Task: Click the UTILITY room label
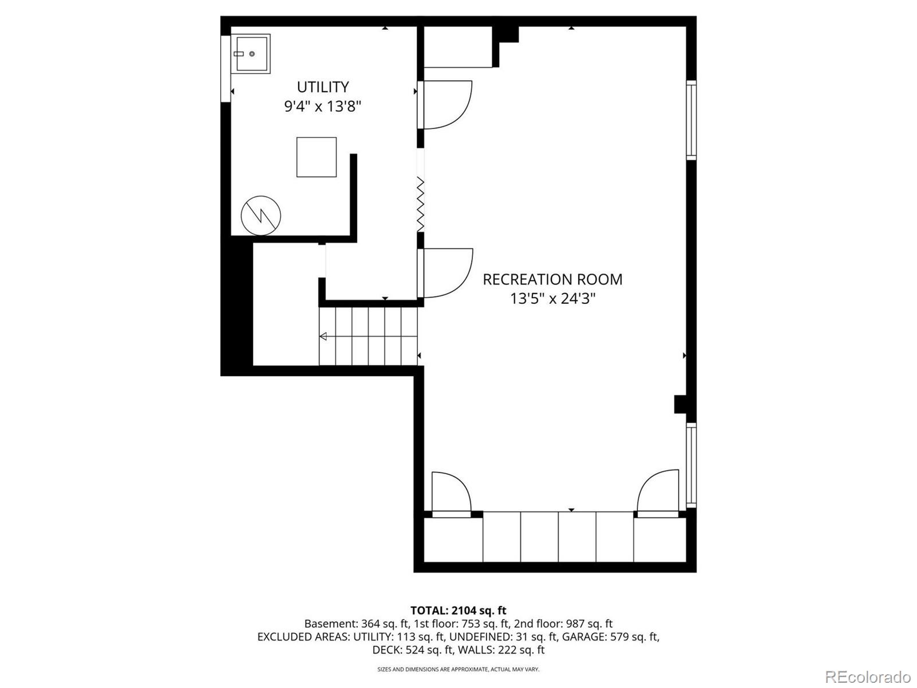pos(323,87)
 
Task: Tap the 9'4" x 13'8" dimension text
pos(323,107)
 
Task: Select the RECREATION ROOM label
pos(552,280)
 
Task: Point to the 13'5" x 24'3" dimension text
pos(552,299)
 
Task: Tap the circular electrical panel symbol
pos(261,216)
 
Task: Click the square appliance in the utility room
pos(316,157)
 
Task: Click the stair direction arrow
pos(323,337)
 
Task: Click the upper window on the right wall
pos(691,120)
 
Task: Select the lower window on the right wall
pos(691,465)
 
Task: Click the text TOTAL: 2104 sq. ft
pos(458,611)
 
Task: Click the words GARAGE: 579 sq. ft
pos(610,637)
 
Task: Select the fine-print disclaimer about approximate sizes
pos(458,669)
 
